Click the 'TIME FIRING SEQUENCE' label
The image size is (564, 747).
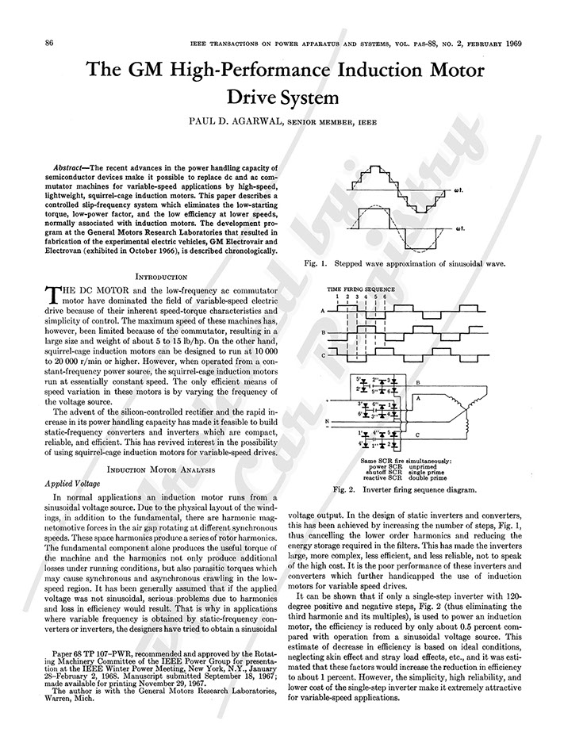pyautogui.click(x=361, y=289)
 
